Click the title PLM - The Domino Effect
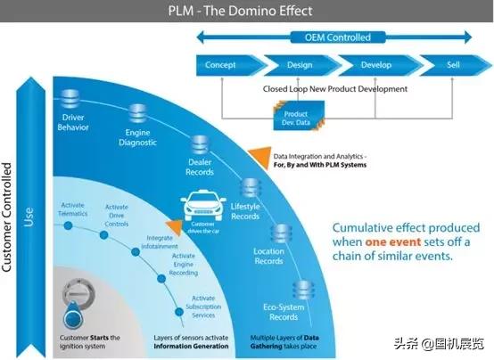[x=247, y=10]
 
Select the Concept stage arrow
[x=223, y=65]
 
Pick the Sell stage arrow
[x=450, y=65]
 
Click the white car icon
[x=203, y=209]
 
